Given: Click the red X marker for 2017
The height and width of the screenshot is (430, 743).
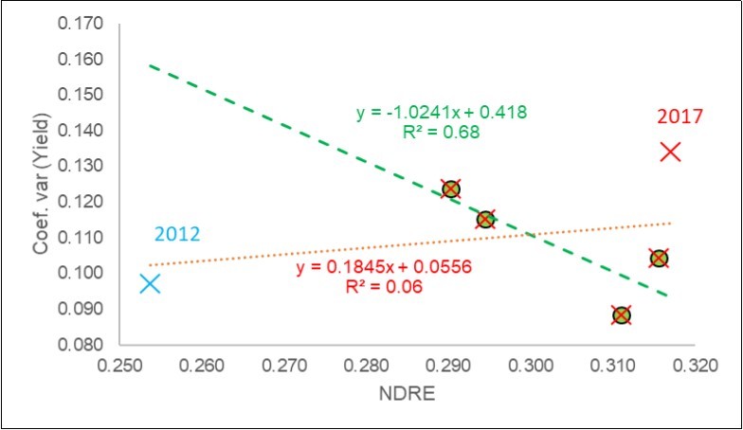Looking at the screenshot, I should pyautogui.click(x=670, y=152).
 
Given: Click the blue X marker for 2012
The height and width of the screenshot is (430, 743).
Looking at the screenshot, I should pyautogui.click(x=150, y=283).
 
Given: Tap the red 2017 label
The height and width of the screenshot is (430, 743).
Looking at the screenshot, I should pyautogui.click(x=680, y=116).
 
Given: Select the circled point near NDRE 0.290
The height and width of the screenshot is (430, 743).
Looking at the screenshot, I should pyautogui.click(x=451, y=188).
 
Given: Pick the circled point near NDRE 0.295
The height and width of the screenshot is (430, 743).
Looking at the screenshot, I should pyautogui.click(x=485, y=220).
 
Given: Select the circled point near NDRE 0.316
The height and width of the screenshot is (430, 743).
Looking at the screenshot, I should pyautogui.click(x=659, y=259).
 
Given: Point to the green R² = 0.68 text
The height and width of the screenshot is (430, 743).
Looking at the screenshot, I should pyautogui.click(x=442, y=133).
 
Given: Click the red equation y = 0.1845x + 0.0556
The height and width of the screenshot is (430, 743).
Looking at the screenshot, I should pyautogui.click(x=384, y=268).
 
